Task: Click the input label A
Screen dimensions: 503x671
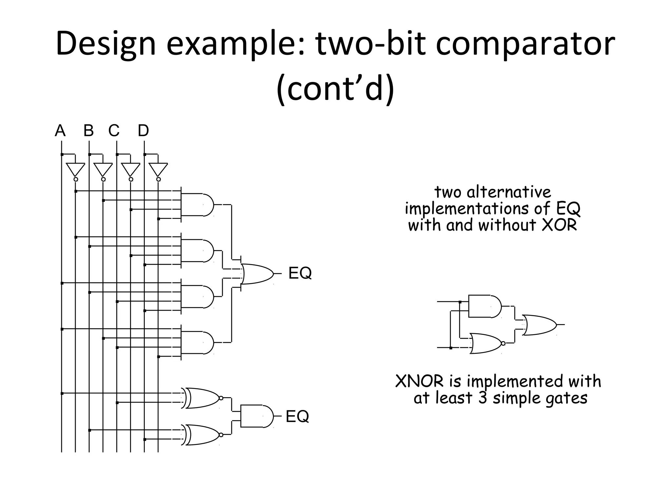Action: (x=60, y=131)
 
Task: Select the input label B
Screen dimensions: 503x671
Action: (x=88, y=131)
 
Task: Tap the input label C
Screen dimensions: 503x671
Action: (x=114, y=131)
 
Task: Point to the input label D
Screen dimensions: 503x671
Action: (x=143, y=131)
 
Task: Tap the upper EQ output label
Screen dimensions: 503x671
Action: (x=300, y=273)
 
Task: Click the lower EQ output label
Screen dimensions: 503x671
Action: (x=297, y=416)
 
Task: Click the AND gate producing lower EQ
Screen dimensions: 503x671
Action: (x=256, y=416)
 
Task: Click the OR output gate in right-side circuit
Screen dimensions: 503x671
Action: (x=539, y=325)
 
